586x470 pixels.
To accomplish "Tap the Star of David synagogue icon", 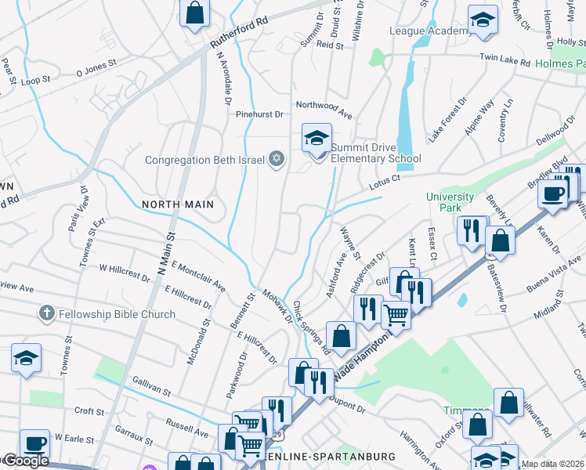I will [x=275, y=160].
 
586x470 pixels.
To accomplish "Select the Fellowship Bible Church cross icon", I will [x=46, y=314].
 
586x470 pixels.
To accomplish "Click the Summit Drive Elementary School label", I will [x=375, y=153].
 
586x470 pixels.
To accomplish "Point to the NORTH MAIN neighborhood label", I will [x=178, y=204].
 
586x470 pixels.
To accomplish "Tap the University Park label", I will [x=450, y=202].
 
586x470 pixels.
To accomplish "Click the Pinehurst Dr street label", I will [x=259, y=114].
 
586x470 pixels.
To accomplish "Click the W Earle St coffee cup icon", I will [x=34, y=443].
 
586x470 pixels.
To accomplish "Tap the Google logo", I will [x=25, y=461].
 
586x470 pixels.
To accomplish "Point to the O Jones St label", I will [x=96, y=68].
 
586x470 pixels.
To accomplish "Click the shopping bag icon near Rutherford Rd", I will [x=194, y=13].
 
